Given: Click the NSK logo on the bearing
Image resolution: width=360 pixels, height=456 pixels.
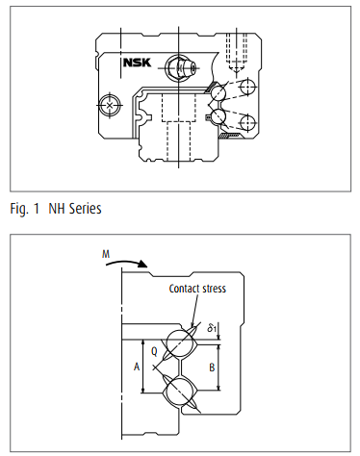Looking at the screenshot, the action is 137,63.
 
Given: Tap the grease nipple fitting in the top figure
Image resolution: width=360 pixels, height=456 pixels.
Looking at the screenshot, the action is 181,67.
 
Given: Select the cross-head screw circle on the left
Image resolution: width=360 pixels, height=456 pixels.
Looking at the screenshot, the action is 110,105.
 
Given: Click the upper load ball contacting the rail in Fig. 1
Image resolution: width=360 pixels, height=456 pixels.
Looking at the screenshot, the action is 218,93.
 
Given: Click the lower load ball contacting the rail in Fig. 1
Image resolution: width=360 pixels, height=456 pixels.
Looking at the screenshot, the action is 218,116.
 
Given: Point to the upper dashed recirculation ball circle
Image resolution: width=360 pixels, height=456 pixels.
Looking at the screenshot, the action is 248,87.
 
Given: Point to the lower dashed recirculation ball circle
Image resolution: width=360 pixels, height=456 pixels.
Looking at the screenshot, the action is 248,122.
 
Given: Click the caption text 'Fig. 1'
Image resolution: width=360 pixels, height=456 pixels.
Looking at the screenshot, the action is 24,209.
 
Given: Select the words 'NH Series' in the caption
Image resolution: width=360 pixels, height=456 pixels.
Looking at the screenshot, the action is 75,209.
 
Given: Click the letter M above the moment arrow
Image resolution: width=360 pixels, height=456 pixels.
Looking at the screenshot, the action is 106,254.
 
